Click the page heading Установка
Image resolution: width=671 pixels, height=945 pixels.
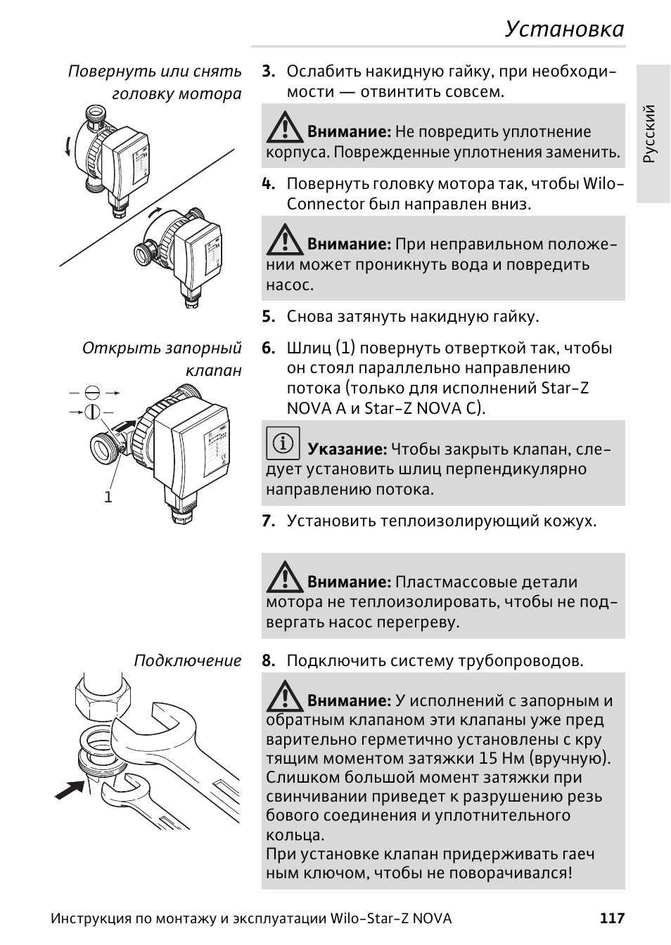coord(564,29)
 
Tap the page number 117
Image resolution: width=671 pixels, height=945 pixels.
coord(612,918)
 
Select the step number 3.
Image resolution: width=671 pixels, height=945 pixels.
coord(267,72)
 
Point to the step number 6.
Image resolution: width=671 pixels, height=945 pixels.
coord(267,348)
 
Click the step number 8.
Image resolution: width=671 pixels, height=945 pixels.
coord(267,661)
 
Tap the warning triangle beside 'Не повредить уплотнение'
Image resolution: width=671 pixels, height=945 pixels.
coord(283,126)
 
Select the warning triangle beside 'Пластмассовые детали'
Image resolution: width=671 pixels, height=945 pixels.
coord(283,576)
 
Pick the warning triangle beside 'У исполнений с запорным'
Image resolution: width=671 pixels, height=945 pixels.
coord(283,695)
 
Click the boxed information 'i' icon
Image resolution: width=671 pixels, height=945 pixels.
coord(283,443)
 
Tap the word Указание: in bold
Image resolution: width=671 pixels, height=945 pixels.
coord(347,450)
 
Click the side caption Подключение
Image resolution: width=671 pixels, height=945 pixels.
coord(187,661)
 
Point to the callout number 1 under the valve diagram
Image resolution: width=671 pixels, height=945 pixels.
coord(108,497)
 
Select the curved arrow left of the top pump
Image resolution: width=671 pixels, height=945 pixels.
coord(68,146)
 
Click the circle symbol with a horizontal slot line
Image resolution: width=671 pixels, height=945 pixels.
coord(92,393)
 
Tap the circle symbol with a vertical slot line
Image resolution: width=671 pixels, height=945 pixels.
coord(92,412)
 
